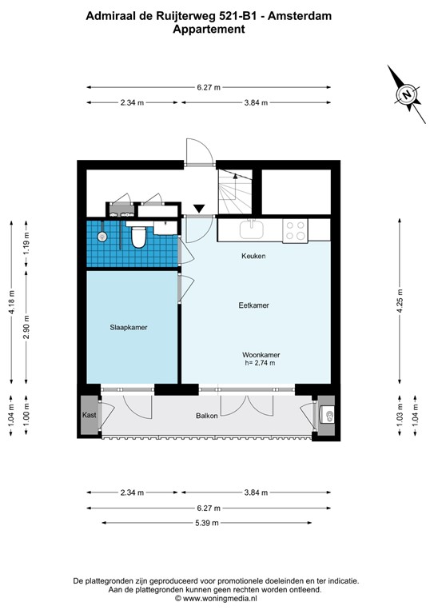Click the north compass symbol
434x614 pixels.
[408, 94]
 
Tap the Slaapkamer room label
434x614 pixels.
[129, 328]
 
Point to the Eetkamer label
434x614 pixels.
[253, 305]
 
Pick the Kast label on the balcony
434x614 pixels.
[89, 416]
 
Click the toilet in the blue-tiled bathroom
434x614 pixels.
[137, 236]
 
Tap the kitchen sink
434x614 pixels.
[251, 229]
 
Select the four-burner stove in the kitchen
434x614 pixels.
[293, 230]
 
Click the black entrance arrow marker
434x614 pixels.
[198, 209]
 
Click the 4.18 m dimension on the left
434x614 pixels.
[11, 302]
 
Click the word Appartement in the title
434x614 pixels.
[209, 29]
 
